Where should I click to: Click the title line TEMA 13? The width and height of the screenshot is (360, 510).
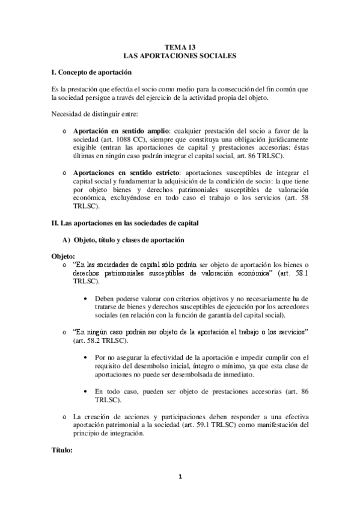[180, 46]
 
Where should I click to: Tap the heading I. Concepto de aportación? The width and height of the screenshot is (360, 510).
[91, 72]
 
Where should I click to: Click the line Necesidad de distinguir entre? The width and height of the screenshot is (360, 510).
[96, 115]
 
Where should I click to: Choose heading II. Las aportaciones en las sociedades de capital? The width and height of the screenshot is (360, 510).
[127, 223]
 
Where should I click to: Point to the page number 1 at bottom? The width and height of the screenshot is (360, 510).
[180, 477]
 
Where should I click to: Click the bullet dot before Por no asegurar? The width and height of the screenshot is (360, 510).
[90, 358]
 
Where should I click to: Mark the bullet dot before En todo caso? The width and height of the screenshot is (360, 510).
[90, 391]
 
